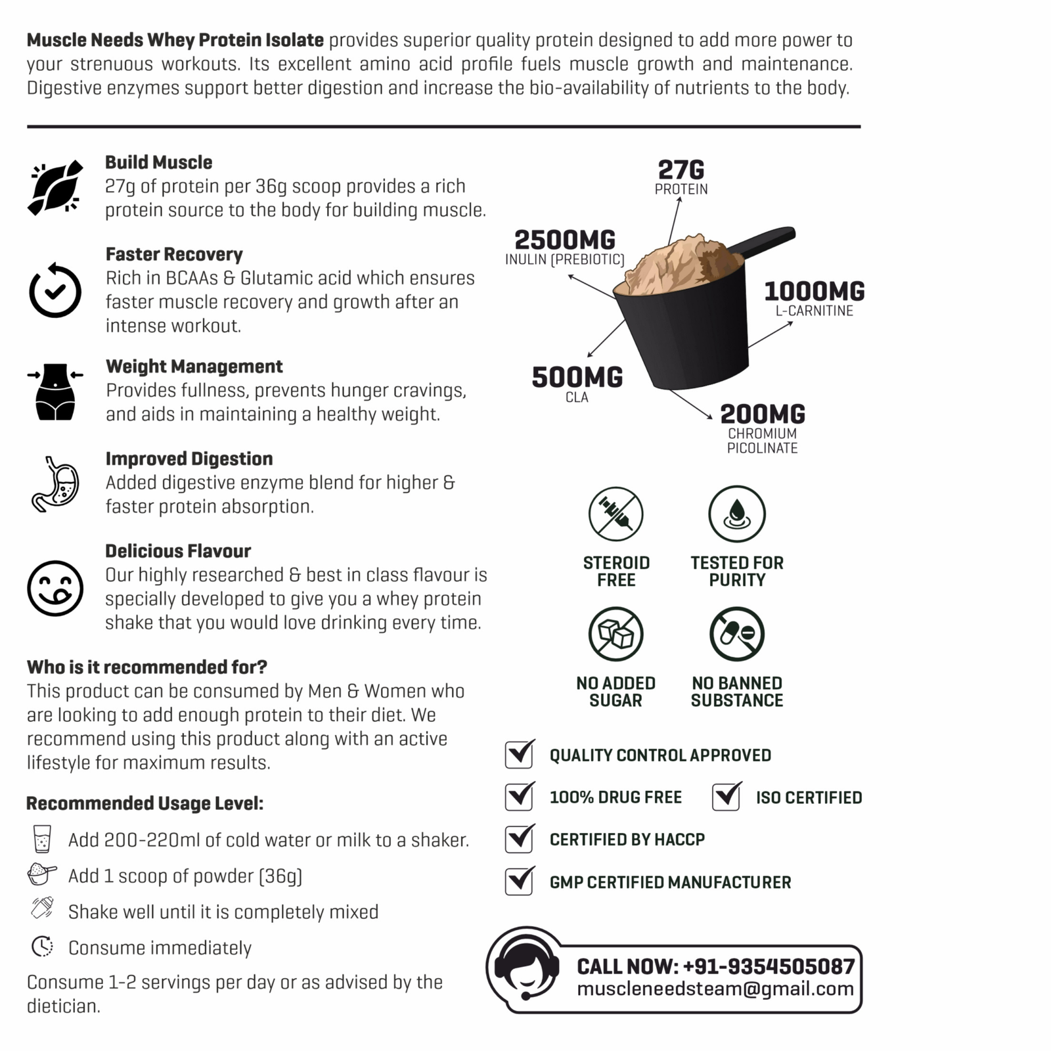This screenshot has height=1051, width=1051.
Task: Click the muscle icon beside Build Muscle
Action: [55, 187]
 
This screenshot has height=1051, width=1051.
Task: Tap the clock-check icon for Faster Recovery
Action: [55, 290]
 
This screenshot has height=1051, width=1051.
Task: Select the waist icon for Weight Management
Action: [55, 391]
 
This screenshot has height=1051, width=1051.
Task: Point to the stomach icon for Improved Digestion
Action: [55, 484]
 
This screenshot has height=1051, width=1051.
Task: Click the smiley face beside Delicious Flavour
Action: [55, 588]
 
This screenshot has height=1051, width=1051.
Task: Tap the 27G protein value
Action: [681, 170]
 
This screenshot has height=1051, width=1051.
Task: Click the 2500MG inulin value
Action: [565, 240]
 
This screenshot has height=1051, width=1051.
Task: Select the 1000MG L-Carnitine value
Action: [815, 291]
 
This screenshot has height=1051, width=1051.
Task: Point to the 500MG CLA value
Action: [577, 378]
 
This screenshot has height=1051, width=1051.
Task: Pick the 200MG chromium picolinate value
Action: [763, 414]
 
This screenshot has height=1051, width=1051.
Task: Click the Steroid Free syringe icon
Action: [615, 514]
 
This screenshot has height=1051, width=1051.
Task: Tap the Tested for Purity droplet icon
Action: [737, 514]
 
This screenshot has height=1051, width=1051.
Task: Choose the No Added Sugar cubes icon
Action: [615, 634]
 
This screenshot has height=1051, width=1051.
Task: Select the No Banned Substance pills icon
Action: [737, 634]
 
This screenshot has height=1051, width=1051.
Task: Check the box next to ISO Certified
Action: [727, 797]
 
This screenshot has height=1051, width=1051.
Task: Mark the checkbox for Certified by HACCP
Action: [520, 839]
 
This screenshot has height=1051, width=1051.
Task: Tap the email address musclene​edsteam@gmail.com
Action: [715, 989]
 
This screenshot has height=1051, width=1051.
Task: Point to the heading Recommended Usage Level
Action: [145, 803]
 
